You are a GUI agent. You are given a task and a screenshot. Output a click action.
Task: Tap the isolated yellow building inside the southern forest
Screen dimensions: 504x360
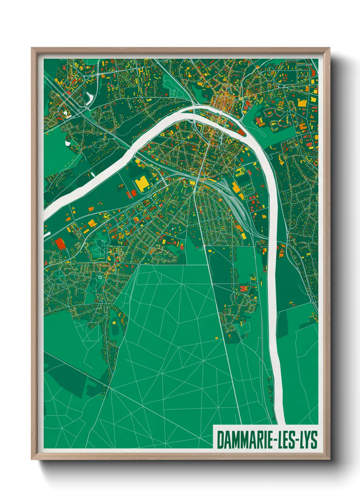[x=216, y=338]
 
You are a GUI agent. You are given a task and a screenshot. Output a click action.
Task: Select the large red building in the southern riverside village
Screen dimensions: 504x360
[x=243, y=289]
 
